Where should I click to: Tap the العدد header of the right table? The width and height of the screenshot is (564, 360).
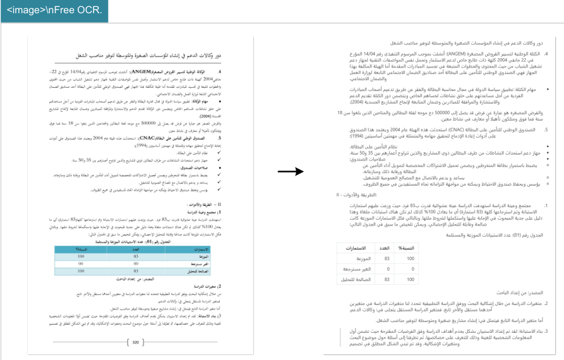tap(383, 249)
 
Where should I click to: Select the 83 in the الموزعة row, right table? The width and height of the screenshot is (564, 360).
tap(383, 258)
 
